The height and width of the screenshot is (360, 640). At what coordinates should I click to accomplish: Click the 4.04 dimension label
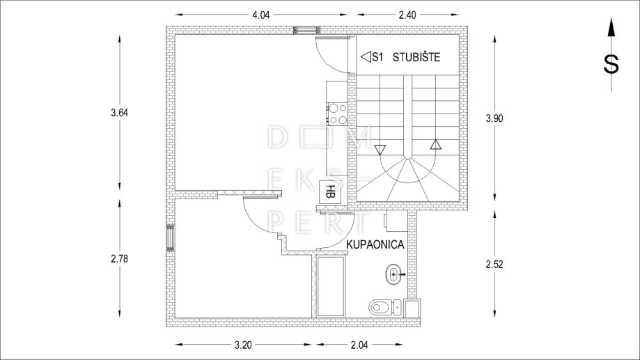(x=261, y=15)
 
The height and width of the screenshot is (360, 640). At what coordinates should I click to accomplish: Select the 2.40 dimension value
(x=407, y=15)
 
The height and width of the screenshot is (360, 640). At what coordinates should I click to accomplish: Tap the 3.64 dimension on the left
(x=119, y=113)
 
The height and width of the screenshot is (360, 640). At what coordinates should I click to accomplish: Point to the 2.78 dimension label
(x=119, y=258)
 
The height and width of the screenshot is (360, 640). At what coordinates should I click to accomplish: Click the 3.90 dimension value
(x=494, y=118)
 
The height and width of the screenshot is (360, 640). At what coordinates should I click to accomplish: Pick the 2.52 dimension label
(x=494, y=264)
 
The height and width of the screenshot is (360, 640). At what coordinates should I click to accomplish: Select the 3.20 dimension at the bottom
(x=243, y=345)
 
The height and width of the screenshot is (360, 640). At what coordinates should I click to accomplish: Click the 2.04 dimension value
(x=359, y=345)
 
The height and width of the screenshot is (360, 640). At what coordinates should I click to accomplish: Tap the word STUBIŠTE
(x=416, y=57)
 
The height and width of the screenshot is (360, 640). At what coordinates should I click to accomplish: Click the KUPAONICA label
(x=375, y=244)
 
